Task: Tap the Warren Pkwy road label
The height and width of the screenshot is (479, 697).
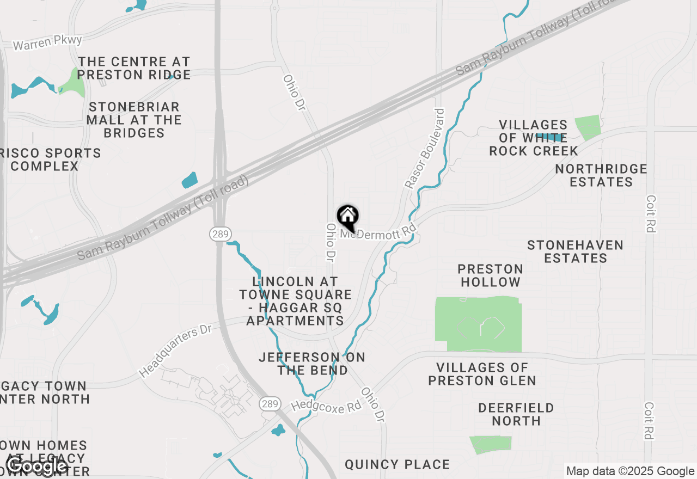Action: coord(47,42)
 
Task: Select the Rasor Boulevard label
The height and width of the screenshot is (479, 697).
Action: coord(425,148)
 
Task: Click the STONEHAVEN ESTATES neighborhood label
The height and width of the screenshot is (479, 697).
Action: coord(576,251)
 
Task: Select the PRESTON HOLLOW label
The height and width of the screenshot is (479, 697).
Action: coord(491,275)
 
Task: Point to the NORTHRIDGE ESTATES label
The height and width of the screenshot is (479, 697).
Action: coord(601,175)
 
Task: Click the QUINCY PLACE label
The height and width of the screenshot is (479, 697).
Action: coord(398,464)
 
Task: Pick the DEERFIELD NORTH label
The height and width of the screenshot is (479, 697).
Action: coord(516,414)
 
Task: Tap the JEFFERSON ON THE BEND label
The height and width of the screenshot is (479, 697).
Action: coord(312,364)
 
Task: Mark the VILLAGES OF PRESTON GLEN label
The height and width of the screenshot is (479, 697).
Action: coord(482,374)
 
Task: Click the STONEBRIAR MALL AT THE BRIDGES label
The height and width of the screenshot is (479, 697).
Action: coord(134,119)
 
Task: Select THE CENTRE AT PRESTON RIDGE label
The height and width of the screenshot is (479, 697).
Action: coord(134,68)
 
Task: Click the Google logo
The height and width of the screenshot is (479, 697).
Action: coord(36,466)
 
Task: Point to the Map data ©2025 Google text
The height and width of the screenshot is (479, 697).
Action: coord(630,471)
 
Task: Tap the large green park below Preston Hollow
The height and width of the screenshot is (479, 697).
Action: coord(479,324)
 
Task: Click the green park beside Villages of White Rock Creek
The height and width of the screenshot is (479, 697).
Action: coord(588,127)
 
